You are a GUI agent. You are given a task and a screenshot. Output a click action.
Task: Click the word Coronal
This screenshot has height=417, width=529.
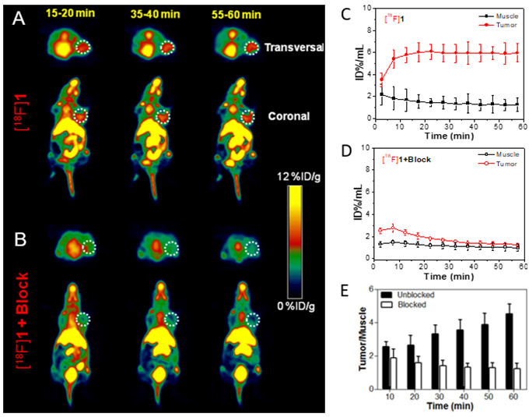pos(293,116)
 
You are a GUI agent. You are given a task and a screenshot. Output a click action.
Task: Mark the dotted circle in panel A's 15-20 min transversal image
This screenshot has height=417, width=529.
pos(83,48)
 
